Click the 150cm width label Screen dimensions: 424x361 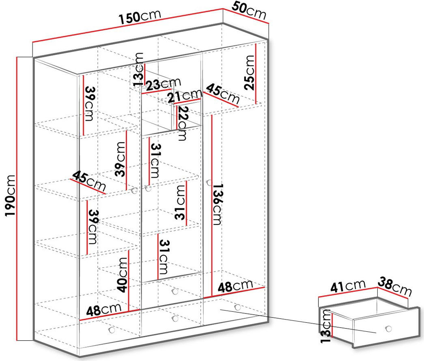(140, 16)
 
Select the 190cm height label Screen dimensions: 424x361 (10, 196)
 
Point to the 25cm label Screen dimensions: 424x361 (249, 72)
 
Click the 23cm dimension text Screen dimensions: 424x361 (164, 84)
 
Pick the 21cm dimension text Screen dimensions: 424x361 (185, 96)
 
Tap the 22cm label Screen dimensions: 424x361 (183, 123)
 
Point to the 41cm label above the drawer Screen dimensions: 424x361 (348, 286)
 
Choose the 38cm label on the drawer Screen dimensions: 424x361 (395, 286)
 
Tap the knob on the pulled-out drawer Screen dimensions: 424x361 (389, 328)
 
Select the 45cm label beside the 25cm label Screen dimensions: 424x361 (223, 94)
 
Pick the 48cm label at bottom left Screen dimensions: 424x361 (104, 310)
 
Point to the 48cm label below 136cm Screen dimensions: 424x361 (235, 286)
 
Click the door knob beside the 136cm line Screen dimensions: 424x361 (209, 183)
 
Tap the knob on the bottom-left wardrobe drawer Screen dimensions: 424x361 (112, 330)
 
